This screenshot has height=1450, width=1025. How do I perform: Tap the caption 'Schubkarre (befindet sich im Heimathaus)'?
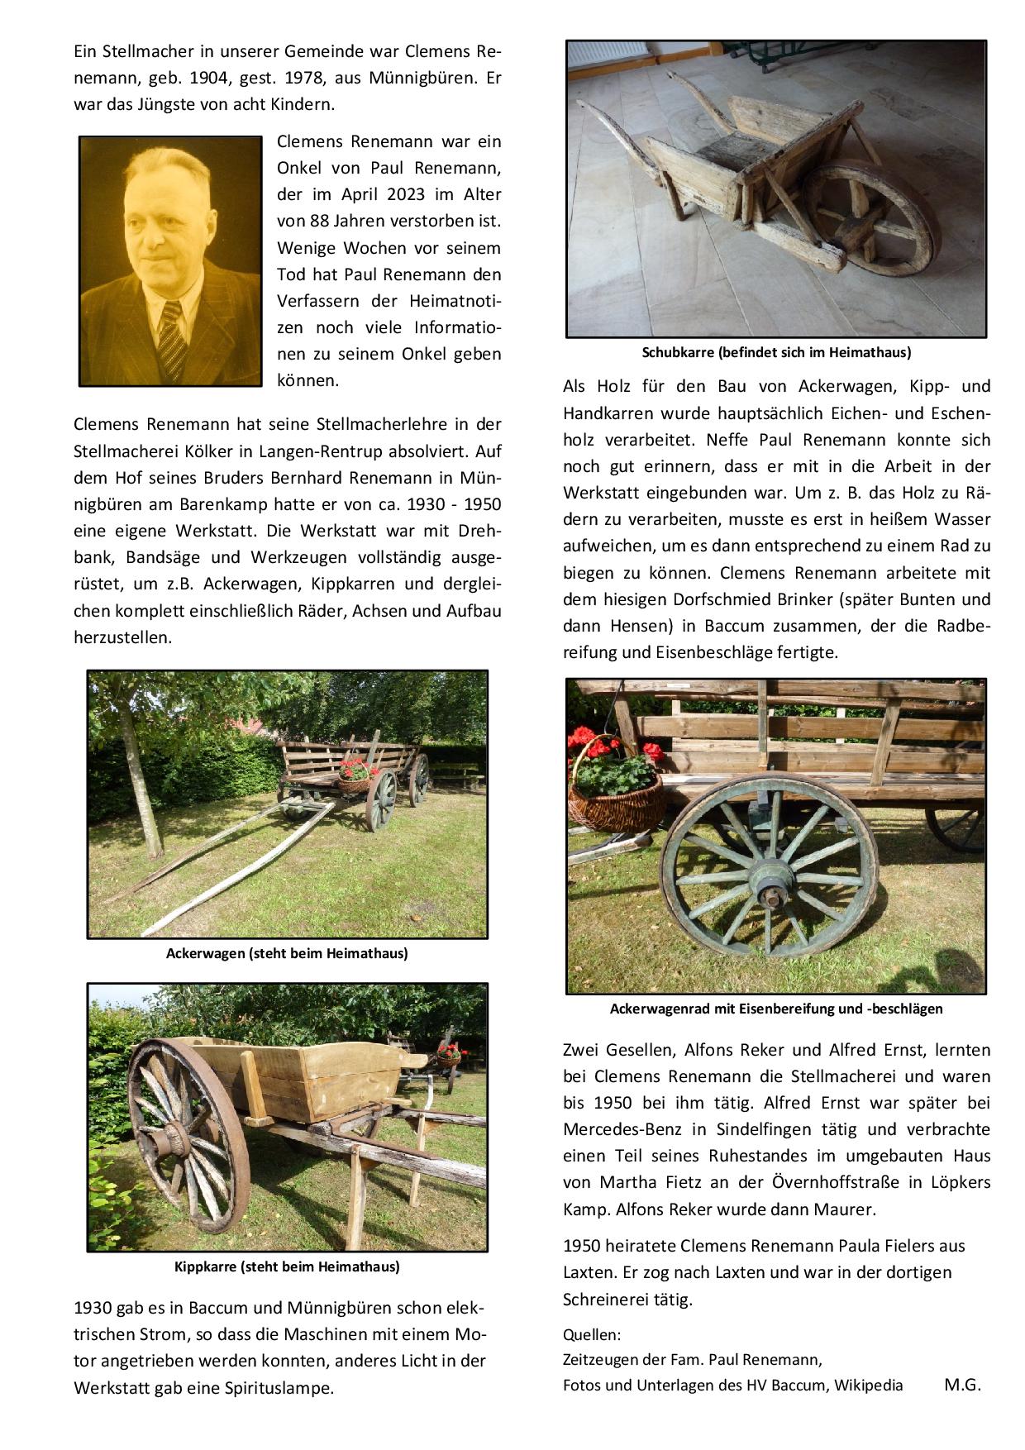point(776,353)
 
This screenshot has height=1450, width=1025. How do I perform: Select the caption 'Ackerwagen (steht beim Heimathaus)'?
point(287,953)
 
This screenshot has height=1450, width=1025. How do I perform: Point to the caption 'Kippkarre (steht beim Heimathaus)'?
point(287,1266)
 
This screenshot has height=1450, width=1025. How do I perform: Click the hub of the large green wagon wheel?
point(772,894)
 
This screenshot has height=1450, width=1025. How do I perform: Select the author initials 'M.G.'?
point(962,1386)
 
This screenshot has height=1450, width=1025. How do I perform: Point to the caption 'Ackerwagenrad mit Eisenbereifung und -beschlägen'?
point(776,1009)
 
